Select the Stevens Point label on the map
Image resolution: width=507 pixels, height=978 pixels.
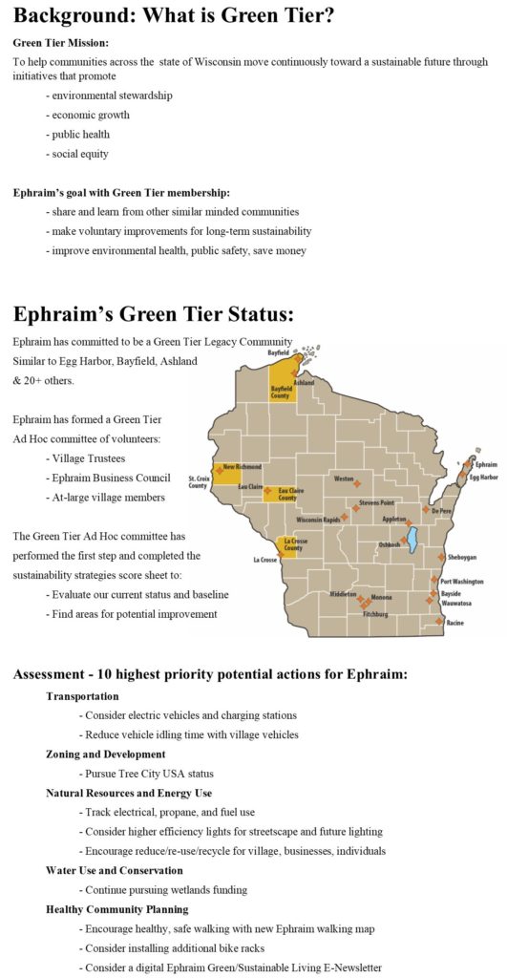tap(376, 502)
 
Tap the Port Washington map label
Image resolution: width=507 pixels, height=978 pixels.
tap(463, 581)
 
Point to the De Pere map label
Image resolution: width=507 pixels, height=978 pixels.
tap(441, 512)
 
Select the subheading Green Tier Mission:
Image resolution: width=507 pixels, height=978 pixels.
tap(61, 43)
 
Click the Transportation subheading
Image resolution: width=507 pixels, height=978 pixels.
tap(82, 696)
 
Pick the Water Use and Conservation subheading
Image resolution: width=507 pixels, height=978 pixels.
tap(114, 870)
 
